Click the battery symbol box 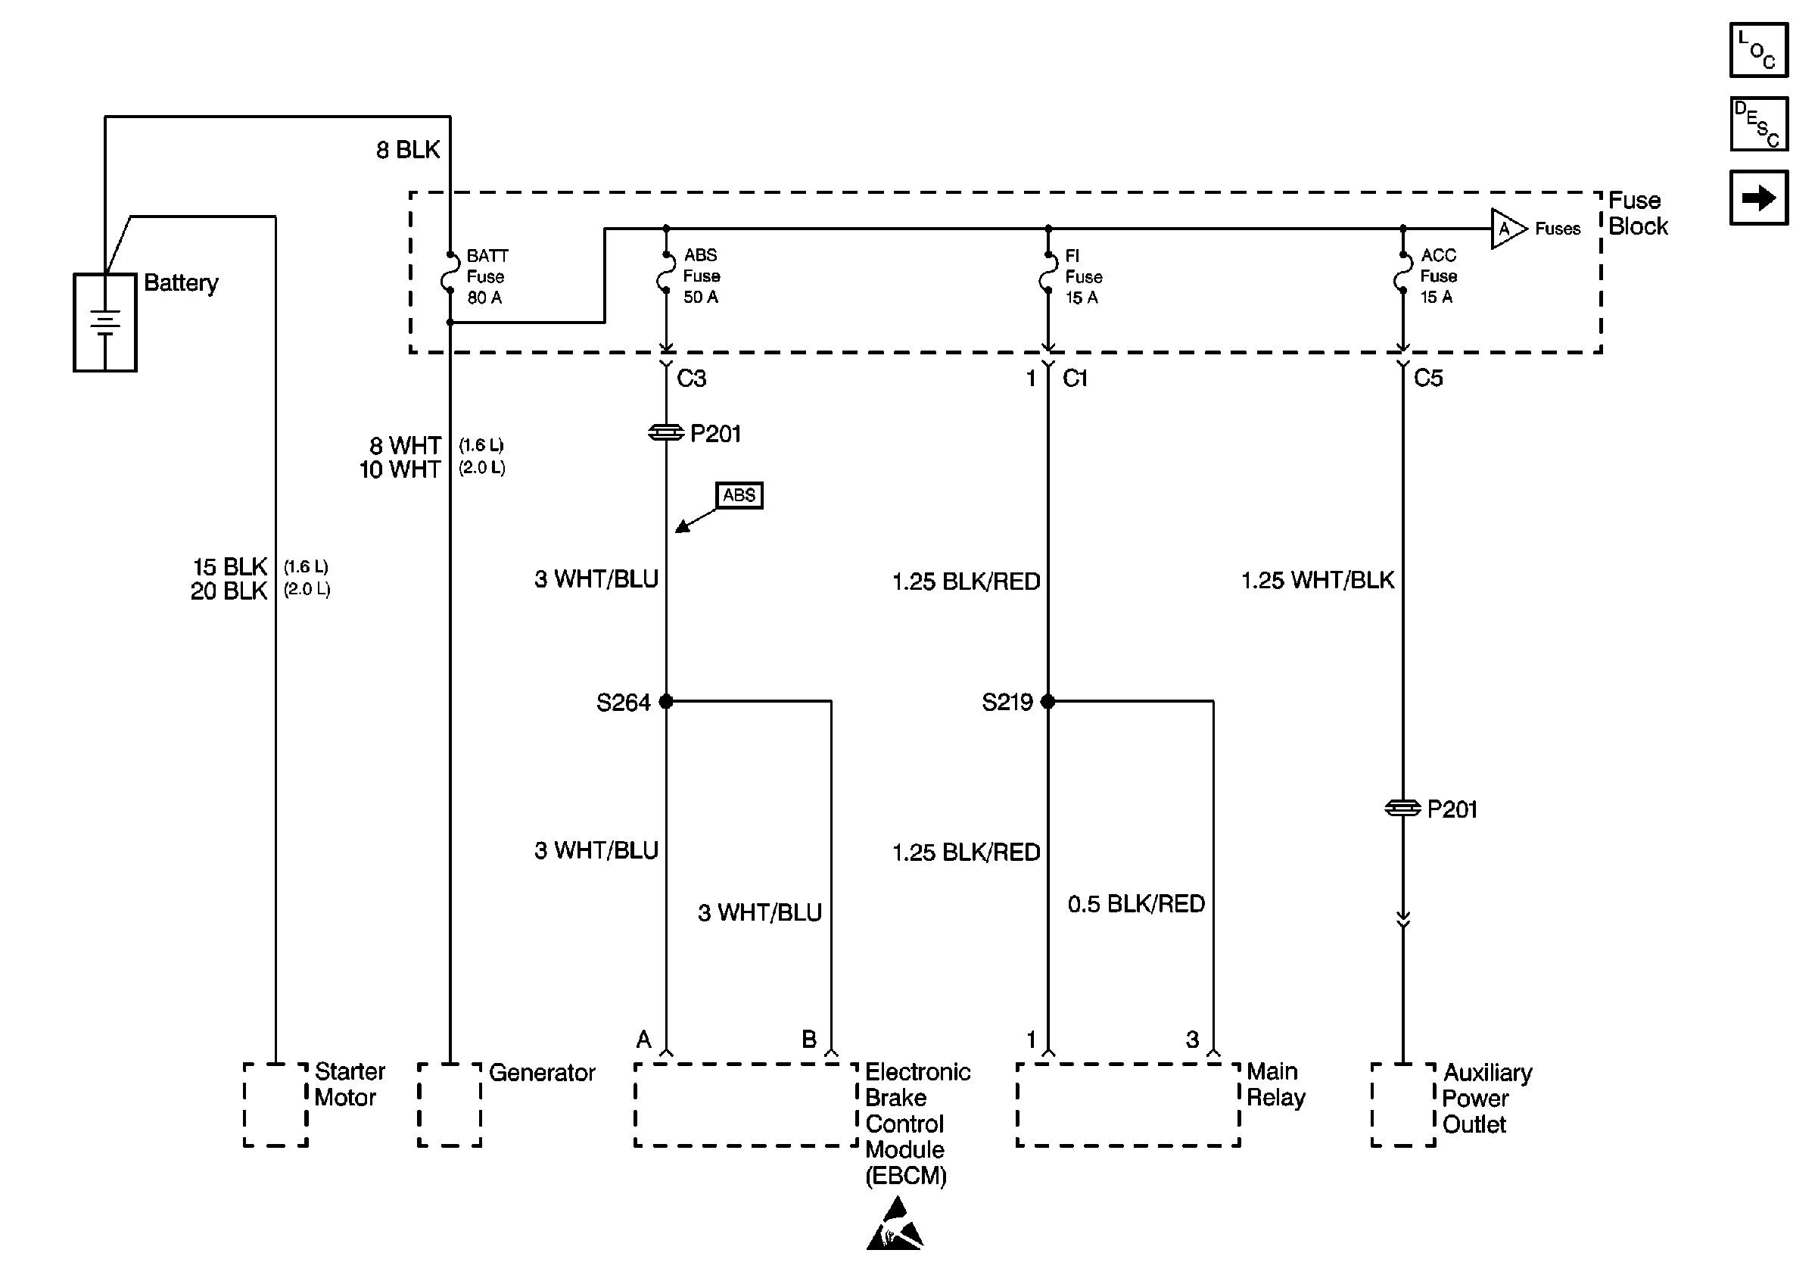tap(104, 323)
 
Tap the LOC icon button tap(1757, 50)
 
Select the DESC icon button tap(1757, 123)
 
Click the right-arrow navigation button tap(1757, 197)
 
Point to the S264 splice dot tap(666, 701)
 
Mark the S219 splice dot tap(1048, 701)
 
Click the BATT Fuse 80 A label tap(487, 276)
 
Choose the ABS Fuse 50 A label tap(702, 276)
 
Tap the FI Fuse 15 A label tap(1083, 276)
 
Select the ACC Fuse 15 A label tap(1438, 276)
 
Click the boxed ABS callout tap(739, 495)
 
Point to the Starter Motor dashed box tap(275, 1104)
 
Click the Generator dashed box tap(449, 1104)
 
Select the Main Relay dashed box tap(1128, 1104)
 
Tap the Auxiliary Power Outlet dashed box tap(1402, 1104)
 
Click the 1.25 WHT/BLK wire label tap(1317, 580)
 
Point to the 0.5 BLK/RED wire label tap(1135, 903)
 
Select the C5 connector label tap(1427, 378)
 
